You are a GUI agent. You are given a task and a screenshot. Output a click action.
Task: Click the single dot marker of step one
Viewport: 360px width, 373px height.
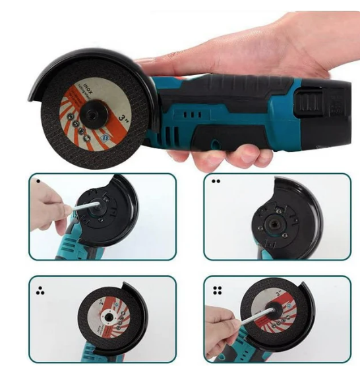pyautogui.click(x=40, y=181)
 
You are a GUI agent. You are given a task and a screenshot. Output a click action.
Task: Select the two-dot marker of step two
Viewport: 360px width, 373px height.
pyautogui.click(x=215, y=181)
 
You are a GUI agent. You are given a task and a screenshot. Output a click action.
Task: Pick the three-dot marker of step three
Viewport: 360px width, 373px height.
pyautogui.click(x=39, y=287)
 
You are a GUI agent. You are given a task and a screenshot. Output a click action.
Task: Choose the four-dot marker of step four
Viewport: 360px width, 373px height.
pyautogui.click(x=216, y=289)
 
